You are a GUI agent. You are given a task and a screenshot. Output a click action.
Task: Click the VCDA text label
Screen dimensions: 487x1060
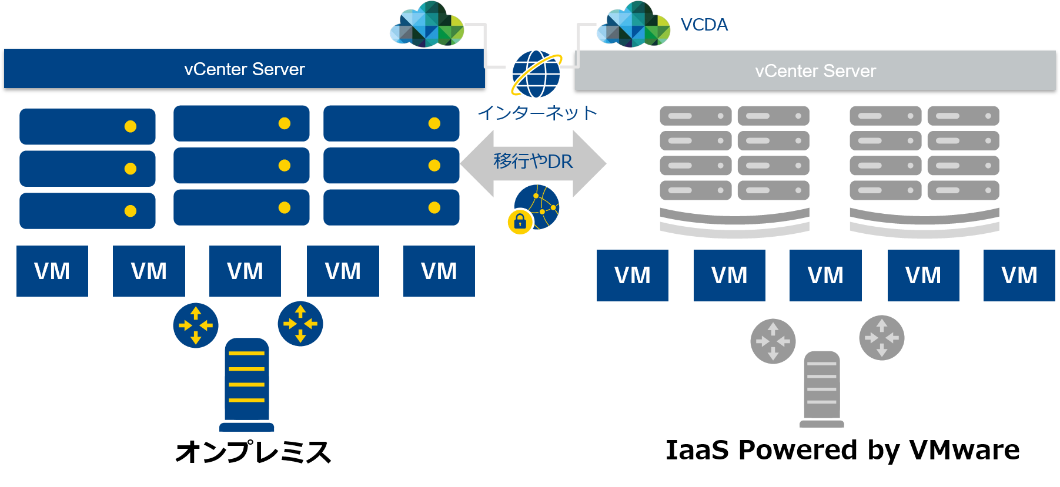(704, 25)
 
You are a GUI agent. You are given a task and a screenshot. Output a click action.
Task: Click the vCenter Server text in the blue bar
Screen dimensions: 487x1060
(245, 69)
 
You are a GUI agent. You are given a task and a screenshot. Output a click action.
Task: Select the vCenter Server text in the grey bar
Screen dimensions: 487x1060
(815, 71)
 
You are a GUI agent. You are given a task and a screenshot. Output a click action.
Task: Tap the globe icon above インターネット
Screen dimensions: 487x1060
(536, 74)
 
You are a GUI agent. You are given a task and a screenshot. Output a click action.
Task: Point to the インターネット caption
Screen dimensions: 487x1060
(537, 112)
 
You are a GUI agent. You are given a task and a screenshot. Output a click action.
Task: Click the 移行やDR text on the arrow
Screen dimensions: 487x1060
(533, 161)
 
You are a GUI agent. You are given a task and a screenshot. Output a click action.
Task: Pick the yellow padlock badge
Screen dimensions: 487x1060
(520, 222)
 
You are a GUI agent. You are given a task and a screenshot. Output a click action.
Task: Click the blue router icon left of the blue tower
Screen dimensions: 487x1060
(196, 325)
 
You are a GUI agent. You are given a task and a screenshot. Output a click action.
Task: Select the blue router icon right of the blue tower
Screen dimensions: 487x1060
(300, 324)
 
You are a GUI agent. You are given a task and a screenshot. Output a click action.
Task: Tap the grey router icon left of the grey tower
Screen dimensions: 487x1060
(773, 341)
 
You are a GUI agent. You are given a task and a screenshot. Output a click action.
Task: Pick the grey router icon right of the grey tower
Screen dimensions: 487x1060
(882, 338)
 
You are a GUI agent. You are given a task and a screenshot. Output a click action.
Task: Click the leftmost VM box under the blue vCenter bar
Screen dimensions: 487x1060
(52, 271)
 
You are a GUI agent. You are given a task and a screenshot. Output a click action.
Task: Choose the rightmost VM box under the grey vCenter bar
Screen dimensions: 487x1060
(1019, 276)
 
